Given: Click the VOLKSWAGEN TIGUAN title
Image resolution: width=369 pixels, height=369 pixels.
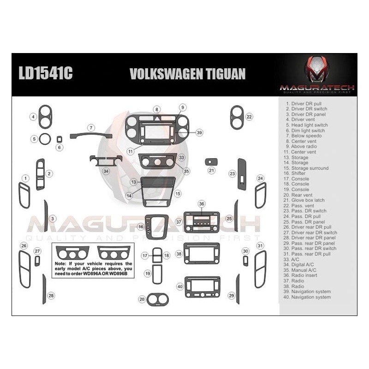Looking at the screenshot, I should click(187, 74).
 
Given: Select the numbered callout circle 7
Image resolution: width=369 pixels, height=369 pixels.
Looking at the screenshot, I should click(91, 127).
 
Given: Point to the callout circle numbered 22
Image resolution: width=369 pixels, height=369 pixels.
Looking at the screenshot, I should click(249, 117).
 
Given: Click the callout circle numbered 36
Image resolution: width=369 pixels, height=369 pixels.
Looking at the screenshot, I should click(201, 203).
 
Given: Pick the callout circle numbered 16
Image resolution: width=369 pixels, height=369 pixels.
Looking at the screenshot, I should click(141, 227).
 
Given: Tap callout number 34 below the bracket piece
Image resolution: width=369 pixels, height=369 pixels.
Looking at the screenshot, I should click(106, 171).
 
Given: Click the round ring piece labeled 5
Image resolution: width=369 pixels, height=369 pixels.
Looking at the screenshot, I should click(45, 138).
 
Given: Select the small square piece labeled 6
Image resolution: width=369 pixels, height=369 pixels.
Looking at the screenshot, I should click(60, 139).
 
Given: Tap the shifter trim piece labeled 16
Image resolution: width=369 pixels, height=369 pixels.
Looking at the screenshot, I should click(156, 226).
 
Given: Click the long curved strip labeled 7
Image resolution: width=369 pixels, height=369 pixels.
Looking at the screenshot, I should click(91, 135).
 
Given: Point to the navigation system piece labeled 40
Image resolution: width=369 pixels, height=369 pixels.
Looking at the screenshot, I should click(202, 286).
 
